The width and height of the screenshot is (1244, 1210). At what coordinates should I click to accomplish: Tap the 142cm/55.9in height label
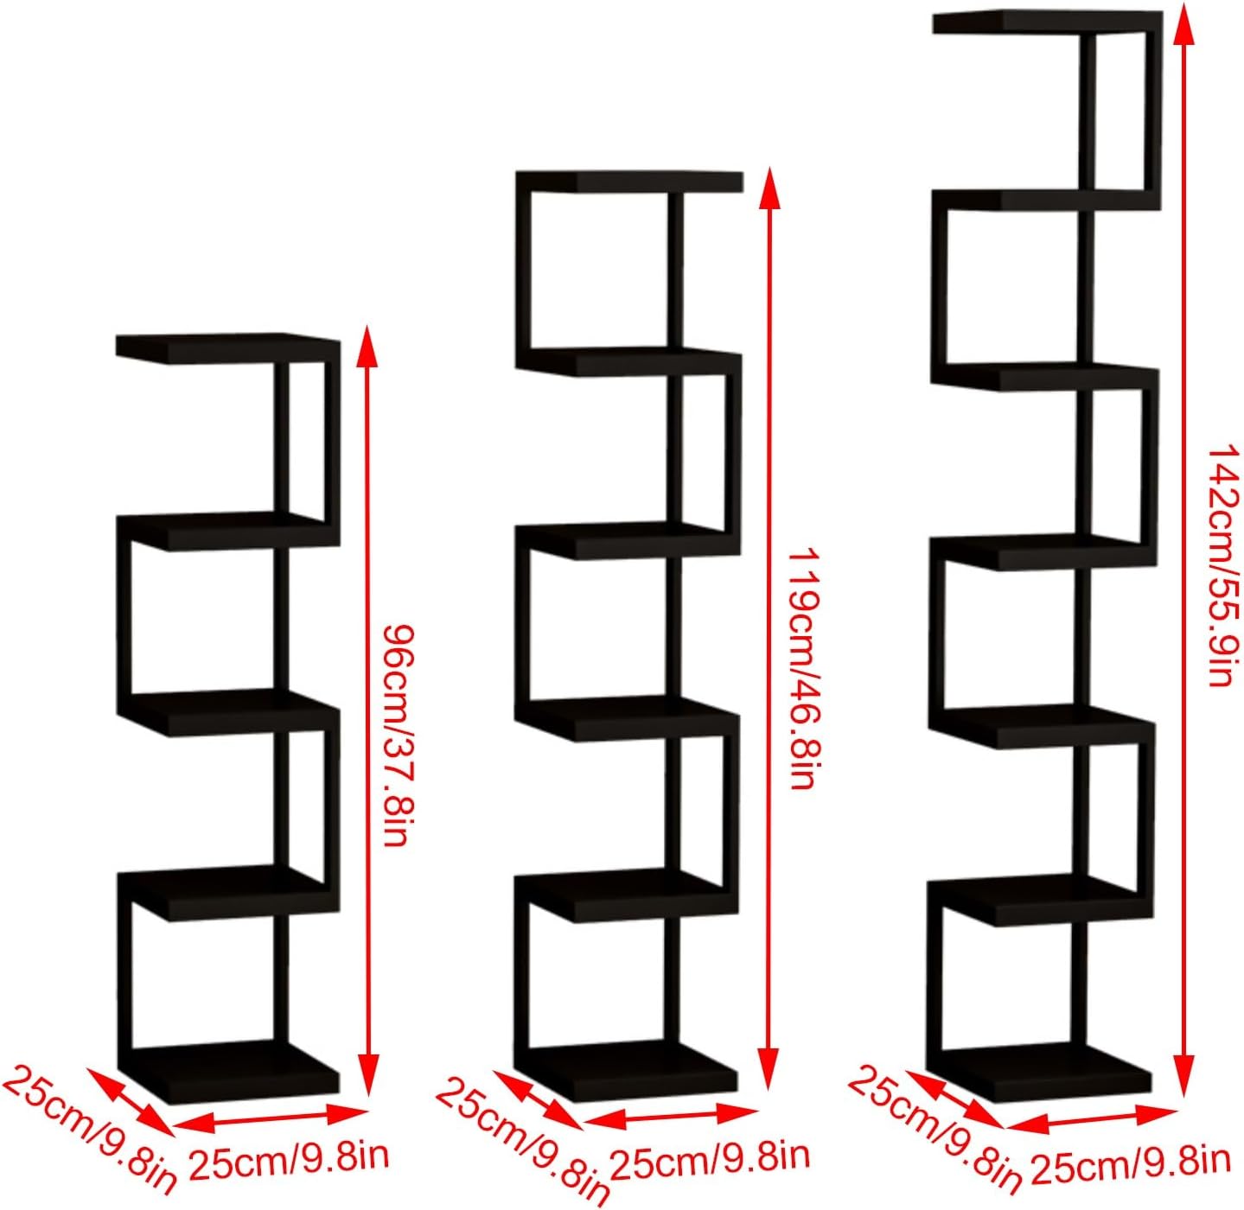(x=1222, y=566)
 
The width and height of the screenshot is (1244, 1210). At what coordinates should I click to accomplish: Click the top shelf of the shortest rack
(x=226, y=347)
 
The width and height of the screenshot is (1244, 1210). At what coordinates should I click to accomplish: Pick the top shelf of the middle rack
(x=629, y=181)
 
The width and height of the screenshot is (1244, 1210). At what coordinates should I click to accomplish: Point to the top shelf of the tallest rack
(x=1046, y=22)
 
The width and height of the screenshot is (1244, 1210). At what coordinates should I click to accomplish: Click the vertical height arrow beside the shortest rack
(x=368, y=709)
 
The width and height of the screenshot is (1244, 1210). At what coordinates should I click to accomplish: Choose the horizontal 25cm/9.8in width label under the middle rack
(x=710, y=1156)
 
